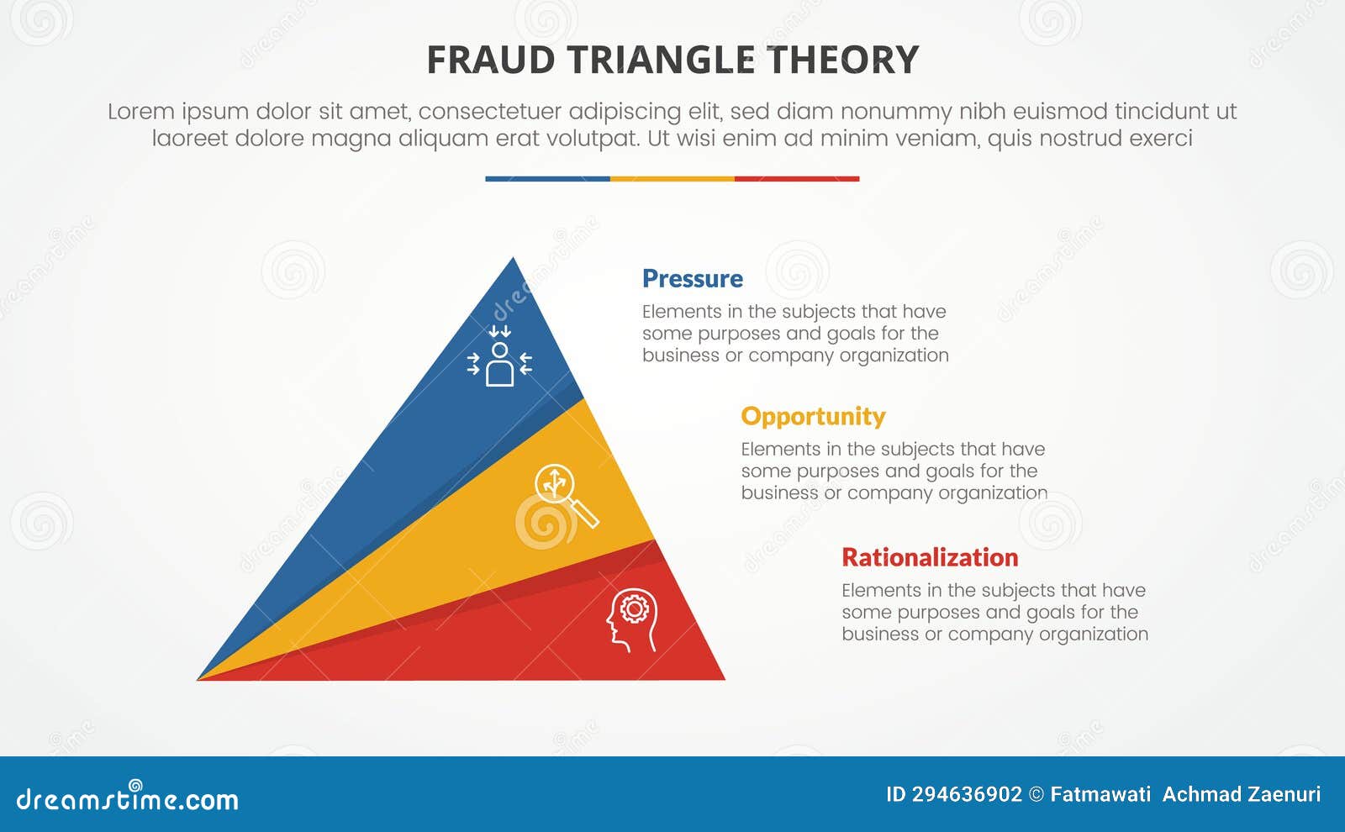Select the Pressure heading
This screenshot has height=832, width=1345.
click(x=692, y=278)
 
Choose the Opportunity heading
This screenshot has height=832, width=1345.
click(x=813, y=416)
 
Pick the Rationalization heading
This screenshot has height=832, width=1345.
click(x=930, y=557)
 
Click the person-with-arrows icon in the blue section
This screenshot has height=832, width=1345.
click(x=499, y=356)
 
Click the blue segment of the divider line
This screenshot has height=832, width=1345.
click(x=547, y=178)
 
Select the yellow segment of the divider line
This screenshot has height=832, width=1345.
click(x=672, y=178)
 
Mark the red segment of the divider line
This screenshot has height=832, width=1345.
click(x=797, y=178)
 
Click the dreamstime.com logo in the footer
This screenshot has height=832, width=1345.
click(x=127, y=798)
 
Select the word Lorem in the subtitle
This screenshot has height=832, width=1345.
click(x=140, y=111)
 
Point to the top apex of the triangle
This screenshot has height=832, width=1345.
click(x=514, y=261)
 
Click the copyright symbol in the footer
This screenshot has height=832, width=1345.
click(x=1036, y=794)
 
